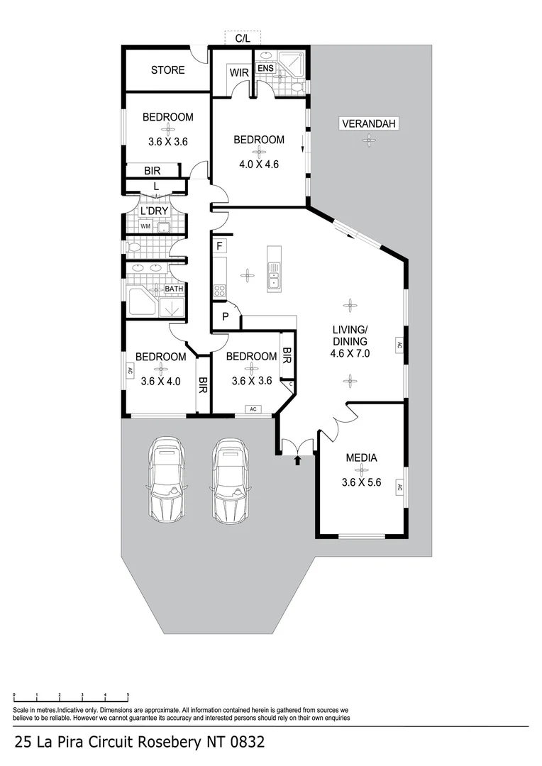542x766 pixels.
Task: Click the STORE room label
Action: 167,70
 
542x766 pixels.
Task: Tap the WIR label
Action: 237,72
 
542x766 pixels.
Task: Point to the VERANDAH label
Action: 369,123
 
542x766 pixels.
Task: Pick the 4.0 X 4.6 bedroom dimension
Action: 259,164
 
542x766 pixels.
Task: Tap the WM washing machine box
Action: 145,226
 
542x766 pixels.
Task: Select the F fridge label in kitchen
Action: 220,246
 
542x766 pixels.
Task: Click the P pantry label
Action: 225,316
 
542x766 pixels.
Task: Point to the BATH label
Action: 174,289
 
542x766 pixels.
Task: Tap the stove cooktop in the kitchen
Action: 219,289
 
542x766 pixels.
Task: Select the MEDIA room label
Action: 360,457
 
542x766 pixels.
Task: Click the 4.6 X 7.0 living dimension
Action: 350,353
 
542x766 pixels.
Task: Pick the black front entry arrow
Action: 297,460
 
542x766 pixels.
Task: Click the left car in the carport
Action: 167,481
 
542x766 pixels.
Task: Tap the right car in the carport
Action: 230,481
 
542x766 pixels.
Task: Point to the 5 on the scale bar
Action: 128,695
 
